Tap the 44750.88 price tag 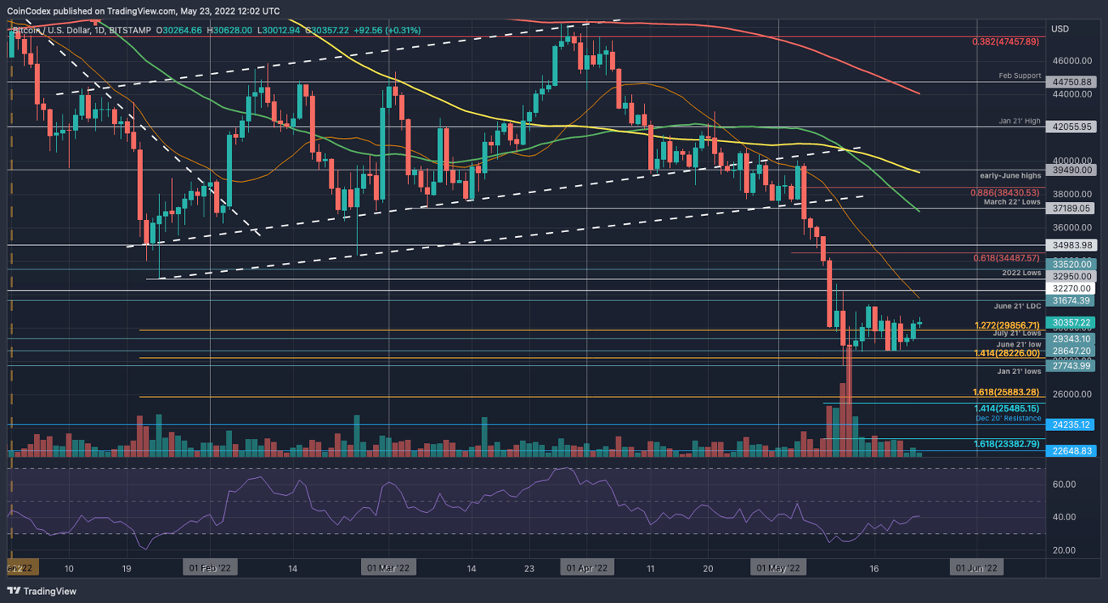point(1072,82)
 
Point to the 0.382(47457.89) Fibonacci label point(1006,41)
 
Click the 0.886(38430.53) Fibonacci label point(1006,192)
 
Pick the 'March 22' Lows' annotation point(1011,202)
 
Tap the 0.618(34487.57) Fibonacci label point(1006,258)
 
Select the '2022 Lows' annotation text point(1021,273)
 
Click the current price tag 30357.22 point(1072,322)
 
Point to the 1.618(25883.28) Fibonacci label point(1006,392)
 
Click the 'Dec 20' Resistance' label point(1008,418)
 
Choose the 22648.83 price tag point(1072,450)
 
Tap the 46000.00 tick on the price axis point(1071,61)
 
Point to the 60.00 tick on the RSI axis point(1064,485)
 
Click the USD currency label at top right point(1060,29)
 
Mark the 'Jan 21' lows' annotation point(1020,371)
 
